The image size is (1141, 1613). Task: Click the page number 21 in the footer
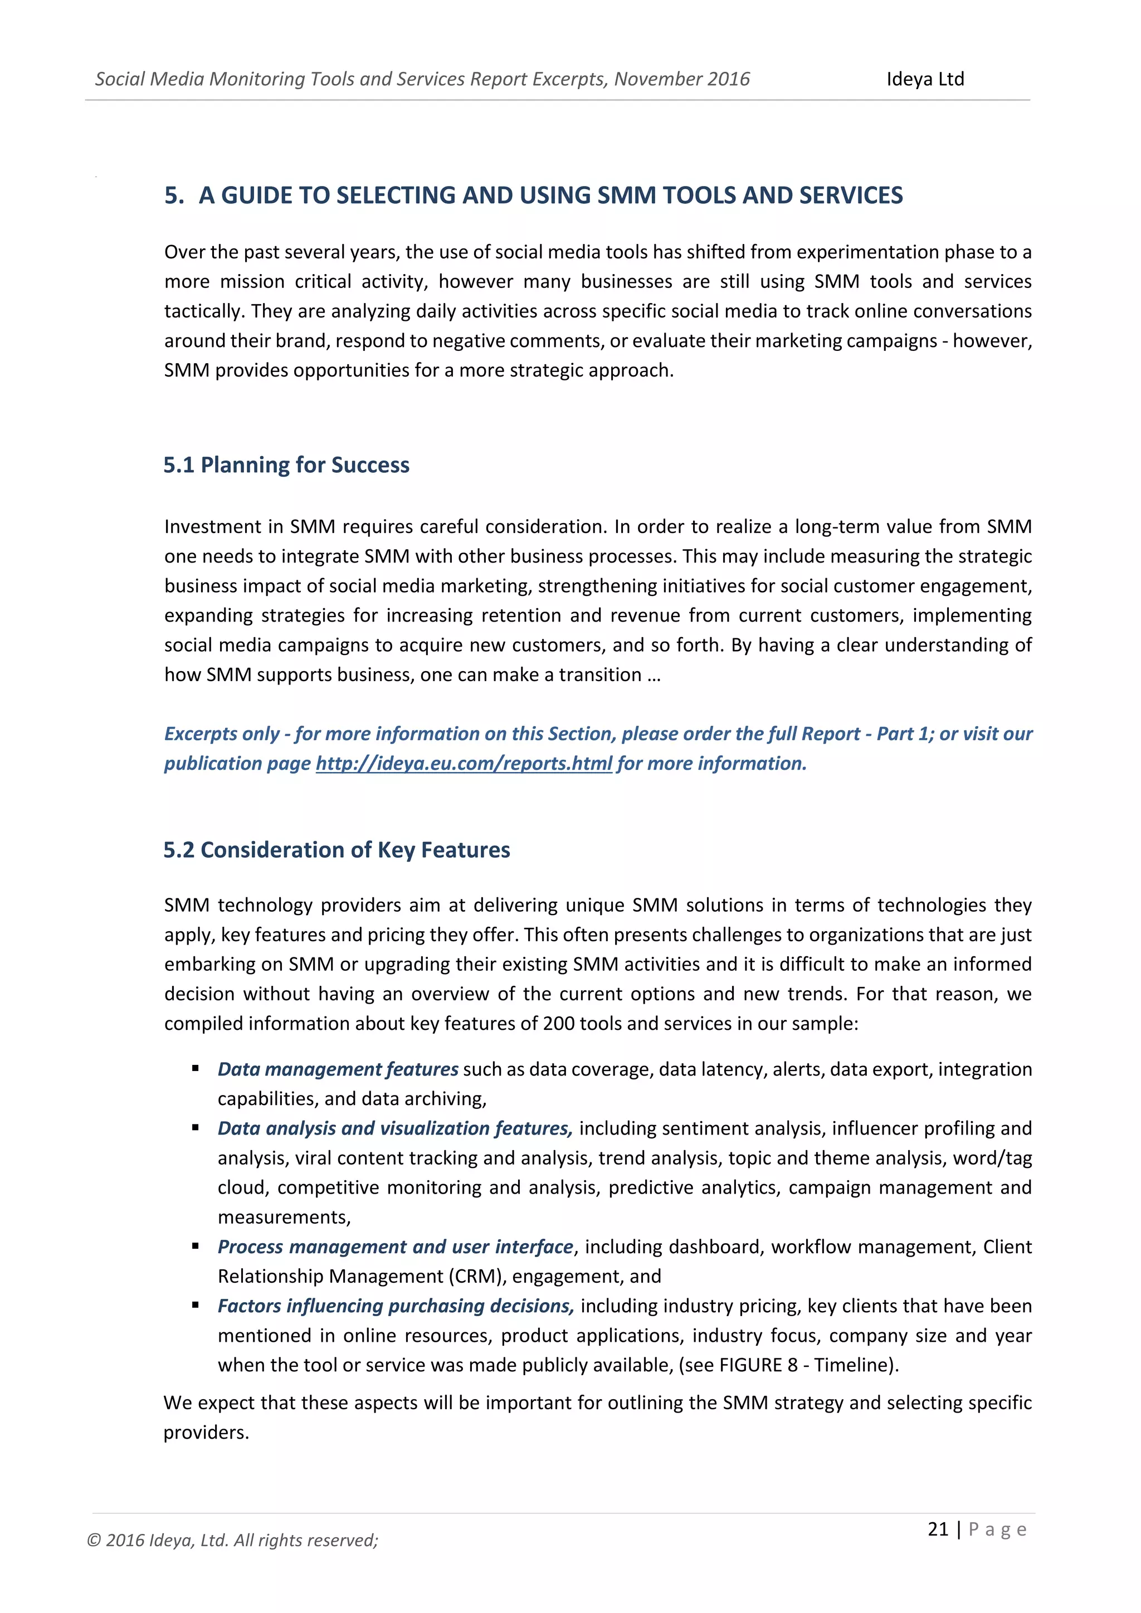938,1529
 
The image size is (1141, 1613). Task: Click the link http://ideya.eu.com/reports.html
464,763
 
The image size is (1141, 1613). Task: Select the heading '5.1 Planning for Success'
286,465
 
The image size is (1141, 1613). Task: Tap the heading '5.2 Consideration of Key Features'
337,850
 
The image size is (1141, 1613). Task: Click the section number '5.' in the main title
173,195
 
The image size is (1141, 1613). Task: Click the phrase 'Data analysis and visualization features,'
395,1128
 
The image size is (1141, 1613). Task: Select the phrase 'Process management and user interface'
395,1247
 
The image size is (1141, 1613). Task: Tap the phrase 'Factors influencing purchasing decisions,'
396,1306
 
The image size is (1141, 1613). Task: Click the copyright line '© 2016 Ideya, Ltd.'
232,1540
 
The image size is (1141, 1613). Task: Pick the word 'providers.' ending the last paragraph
207,1433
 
